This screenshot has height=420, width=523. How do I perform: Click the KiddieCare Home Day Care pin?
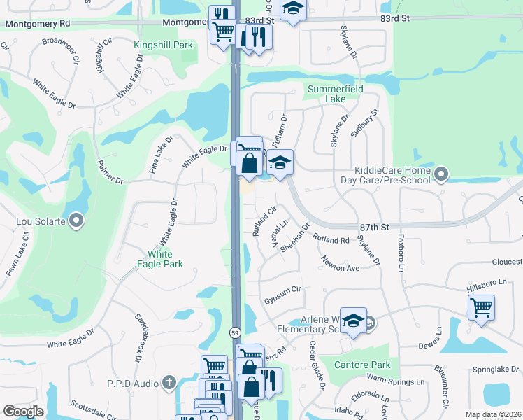pos(440,174)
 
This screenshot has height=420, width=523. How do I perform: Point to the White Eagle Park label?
pos(165,259)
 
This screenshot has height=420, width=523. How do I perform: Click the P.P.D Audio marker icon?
pos(168,383)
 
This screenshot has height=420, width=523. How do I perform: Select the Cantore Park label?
pos(361,365)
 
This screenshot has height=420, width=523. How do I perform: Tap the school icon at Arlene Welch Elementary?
pos(354,320)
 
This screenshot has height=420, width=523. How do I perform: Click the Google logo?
pos(23,412)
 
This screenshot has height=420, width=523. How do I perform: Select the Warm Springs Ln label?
pos(396,381)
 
